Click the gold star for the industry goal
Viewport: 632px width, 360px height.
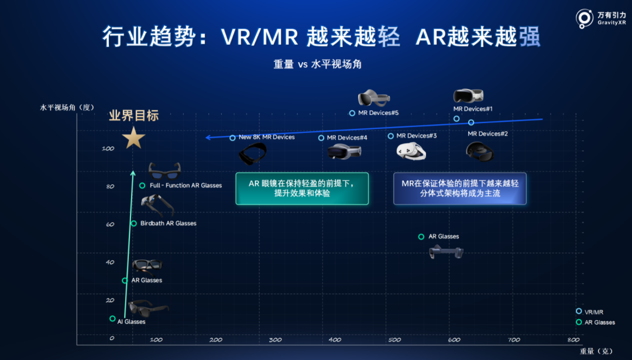coord(133,138)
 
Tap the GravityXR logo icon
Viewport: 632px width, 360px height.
coord(584,19)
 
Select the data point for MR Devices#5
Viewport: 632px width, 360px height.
coord(352,114)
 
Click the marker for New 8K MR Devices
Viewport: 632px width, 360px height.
coord(232,138)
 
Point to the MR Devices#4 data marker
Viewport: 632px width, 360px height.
coord(321,138)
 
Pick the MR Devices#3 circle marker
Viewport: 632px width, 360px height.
coord(390,136)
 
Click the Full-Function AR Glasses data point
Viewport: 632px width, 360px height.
coord(142,186)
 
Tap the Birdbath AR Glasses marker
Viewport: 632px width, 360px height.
coord(134,224)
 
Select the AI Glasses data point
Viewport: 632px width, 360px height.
coord(112,318)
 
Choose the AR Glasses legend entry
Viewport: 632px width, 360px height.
coord(595,322)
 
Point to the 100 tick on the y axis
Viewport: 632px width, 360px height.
coord(108,148)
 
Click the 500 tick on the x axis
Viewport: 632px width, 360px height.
coord(394,340)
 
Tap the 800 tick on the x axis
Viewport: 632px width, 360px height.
coord(573,340)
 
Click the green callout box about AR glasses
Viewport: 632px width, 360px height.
coord(302,188)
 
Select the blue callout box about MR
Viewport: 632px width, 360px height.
coord(460,188)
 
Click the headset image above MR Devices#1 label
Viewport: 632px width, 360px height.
coord(468,96)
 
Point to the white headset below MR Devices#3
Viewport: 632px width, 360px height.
coord(411,152)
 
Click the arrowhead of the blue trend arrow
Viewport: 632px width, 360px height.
coord(209,138)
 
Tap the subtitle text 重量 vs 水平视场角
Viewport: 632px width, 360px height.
coord(318,64)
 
